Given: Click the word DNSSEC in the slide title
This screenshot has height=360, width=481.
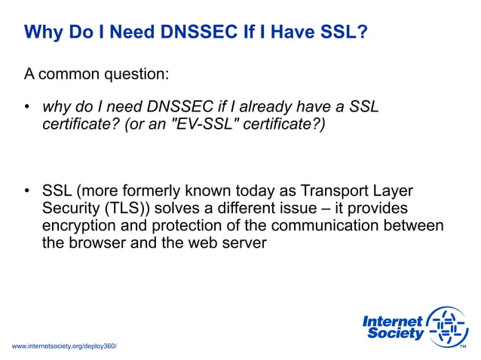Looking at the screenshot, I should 166,32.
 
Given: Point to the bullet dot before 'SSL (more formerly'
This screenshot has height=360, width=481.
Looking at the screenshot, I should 27,191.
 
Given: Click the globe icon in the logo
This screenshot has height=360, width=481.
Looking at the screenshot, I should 447,327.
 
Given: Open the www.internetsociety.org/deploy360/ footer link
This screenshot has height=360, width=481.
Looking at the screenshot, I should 65,346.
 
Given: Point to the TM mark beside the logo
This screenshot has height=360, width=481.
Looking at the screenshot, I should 463,346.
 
